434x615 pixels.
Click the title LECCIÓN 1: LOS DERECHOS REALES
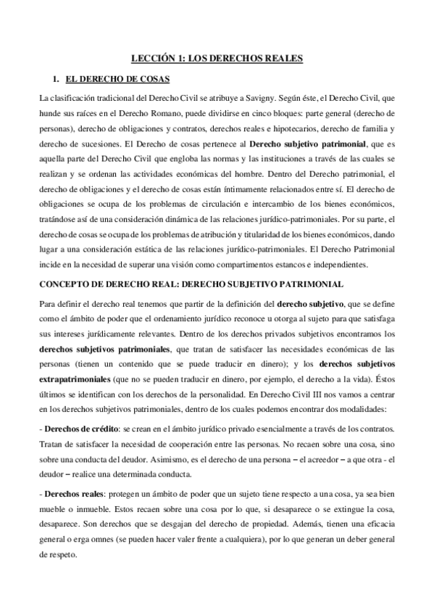click(x=217, y=57)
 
